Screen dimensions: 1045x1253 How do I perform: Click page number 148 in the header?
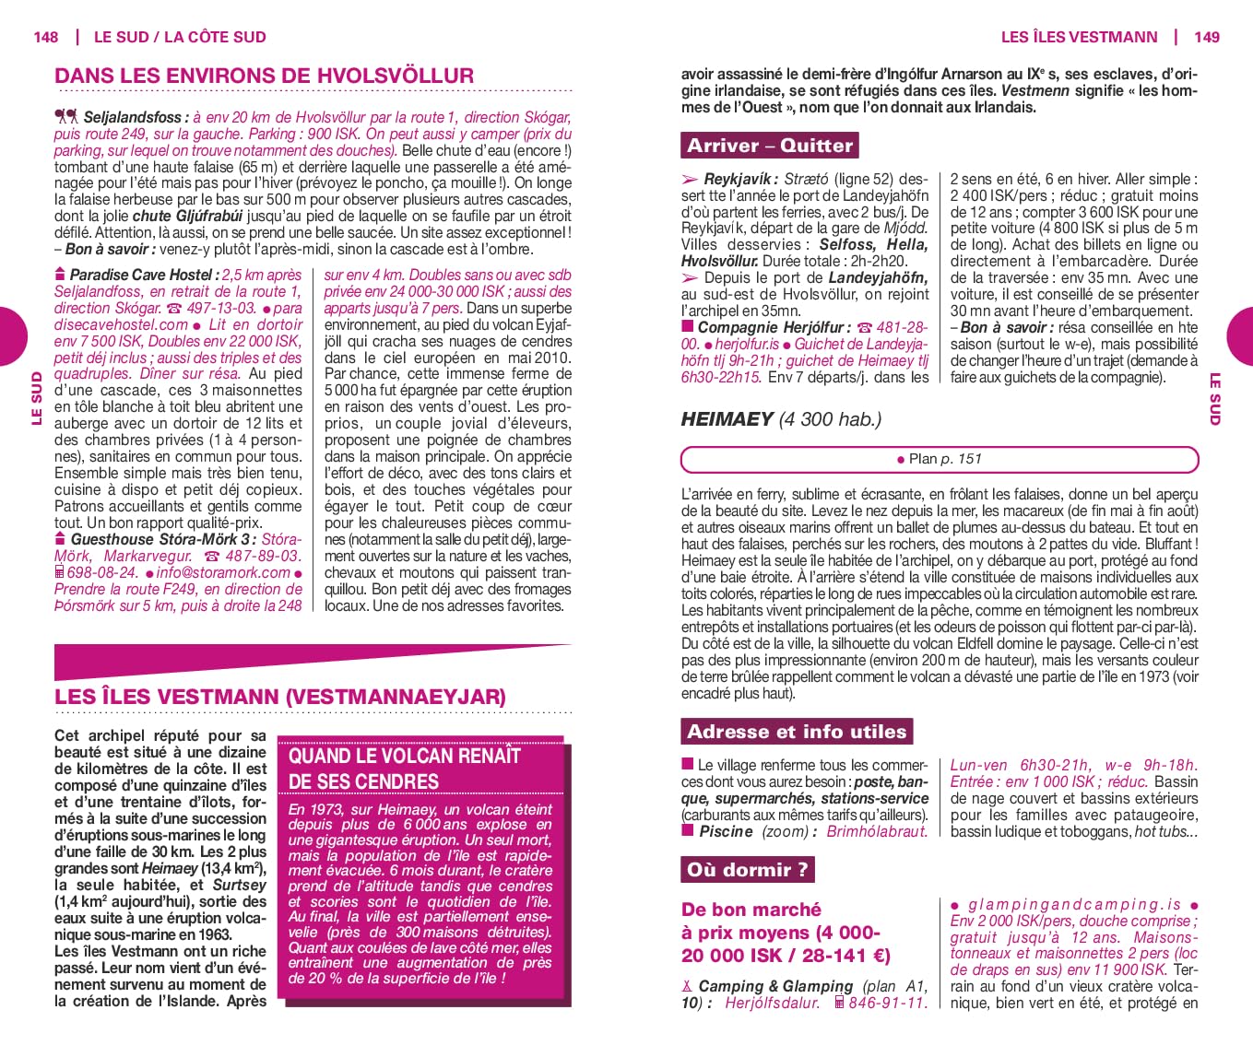tap(45, 37)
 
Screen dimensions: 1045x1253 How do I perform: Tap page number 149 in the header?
tap(1206, 37)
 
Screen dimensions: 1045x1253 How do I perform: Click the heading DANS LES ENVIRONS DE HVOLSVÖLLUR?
tap(264, 76)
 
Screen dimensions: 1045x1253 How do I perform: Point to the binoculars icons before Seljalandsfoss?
tap(66, 116)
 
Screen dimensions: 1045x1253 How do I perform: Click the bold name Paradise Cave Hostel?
tap(143, 275)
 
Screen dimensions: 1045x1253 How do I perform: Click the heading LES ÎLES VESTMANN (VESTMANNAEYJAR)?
tap(279, 696)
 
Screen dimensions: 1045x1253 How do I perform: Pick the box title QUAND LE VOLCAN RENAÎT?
tap(405, 757)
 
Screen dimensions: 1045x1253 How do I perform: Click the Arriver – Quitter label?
tap(770, 146)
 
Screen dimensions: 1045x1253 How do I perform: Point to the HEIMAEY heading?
tap(727, 419)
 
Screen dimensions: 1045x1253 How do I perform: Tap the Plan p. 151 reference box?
tap(940, 459)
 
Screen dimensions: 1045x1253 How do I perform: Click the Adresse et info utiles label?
tap(797, 732)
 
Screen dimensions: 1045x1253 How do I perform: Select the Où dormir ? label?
tap(747, 869)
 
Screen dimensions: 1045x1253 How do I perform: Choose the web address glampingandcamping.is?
tap(1074, 904)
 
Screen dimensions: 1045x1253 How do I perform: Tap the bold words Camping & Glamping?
tap(775, 986)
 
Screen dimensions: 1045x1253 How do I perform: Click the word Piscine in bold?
tap(727, 831)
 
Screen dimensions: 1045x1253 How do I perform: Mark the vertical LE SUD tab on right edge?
tap(1215, 398)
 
